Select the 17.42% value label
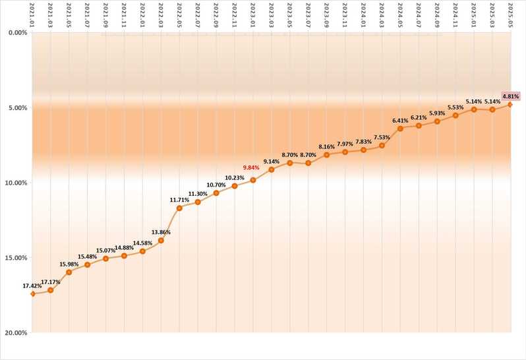pyautogui.click(x=32, y=285)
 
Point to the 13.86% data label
pyautogui.click(x=161, y=232)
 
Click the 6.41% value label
pyautogui.click(x=400, y=121)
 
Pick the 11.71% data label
pyautogui.click(x=179, y=200)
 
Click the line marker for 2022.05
pyautogui.click(x=179, y=208)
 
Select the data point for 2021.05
pyautogui.click(x=69, y=272)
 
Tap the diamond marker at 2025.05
pyautogui.click(x=510, y=105)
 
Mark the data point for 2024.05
pyautogui.click(x=400, y=129)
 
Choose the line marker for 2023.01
pyautogui.click(x=252, y=180)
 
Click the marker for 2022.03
pyautogui.click(x=161, y=241)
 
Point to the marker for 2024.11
pyautogui.click(x=455, y=115)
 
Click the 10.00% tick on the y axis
pyautogui.click(x=16, y=183)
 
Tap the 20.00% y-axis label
pyautogui.click(x=16, y=333)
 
